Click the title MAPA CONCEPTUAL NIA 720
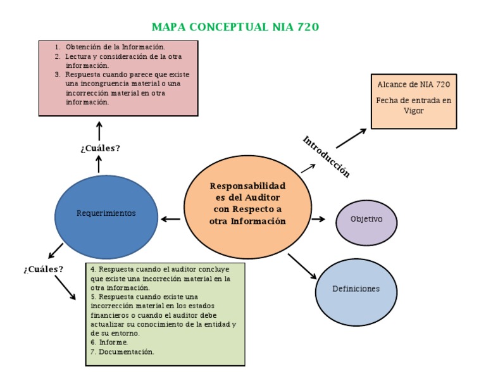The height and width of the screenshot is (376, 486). (235, 27)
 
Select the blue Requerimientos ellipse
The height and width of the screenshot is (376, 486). (106, 213)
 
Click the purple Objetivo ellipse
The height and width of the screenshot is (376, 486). (366, 219)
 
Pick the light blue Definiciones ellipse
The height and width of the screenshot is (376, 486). (356, 289)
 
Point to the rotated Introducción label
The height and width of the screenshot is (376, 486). (326, 156)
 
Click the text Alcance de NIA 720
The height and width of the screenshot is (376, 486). (414, 84)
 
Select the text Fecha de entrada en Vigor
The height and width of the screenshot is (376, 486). (414, 105)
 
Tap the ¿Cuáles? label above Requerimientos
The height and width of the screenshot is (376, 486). (100, 148)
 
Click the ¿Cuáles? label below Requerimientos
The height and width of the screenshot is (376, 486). (43, 269)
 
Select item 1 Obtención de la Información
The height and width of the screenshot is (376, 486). (114, 47)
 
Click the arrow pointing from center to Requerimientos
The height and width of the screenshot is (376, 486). (170, 220)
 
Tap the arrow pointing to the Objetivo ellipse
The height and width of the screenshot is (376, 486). (318, 219)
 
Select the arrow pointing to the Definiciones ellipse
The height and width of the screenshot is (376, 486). (302, 266)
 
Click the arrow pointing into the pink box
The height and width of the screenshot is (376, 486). (99, 130)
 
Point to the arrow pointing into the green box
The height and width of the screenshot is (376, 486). (65, 287)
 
